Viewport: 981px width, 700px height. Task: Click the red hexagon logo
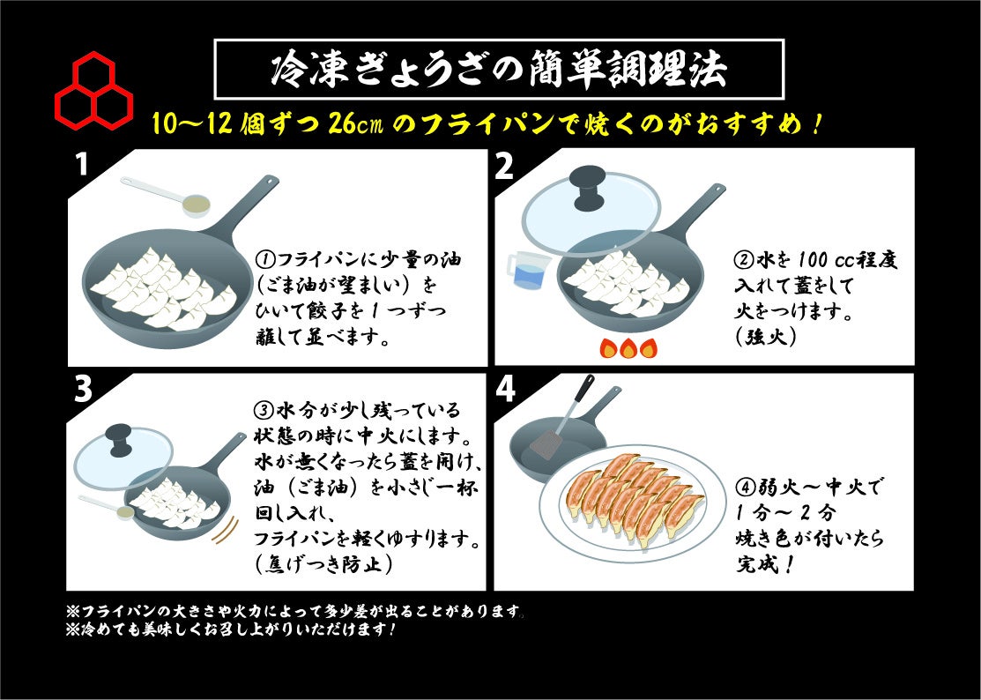(93, 88)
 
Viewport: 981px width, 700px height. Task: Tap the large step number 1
(81, 166)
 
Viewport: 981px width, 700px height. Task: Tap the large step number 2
(503, 166)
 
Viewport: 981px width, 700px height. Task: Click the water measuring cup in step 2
(527, 272)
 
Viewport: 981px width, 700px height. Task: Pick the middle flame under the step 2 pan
(628, 348)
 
